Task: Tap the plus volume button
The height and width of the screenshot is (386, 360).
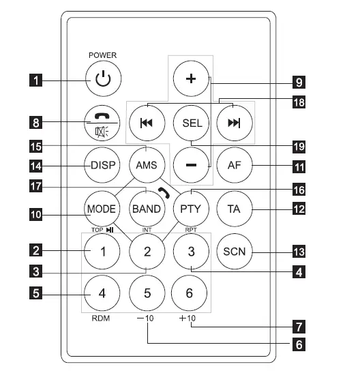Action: pyautogui.click(x=190, y=78)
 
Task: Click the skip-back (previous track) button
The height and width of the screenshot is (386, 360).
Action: pyautogui.click(x=146, y=123)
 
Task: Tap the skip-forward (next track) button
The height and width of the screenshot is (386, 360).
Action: pyautogui.click(x=234, y=123)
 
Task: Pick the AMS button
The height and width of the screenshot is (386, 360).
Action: pyautogui.click(x=146, y=164)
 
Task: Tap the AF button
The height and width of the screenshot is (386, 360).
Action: pyautogui.click(x=234, y=164)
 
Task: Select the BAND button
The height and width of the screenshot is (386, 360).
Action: pyautogui.click(x=146, y=208)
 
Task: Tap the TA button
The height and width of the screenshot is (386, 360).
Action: pyautogui.click(x=234, y=208)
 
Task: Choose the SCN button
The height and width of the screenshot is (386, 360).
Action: pyautogui.click(x=234, y=252)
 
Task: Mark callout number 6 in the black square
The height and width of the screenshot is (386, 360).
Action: pyautogui.click(x=298, y=344)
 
